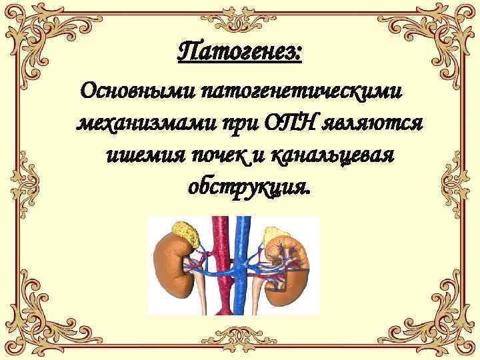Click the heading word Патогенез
click(x=236, y=50)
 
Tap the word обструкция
click(x=248, y=188)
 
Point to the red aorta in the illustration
click(x=218, y=267)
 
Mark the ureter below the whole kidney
click(x=201, y=293)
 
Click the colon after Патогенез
click(x=299, y=53)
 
